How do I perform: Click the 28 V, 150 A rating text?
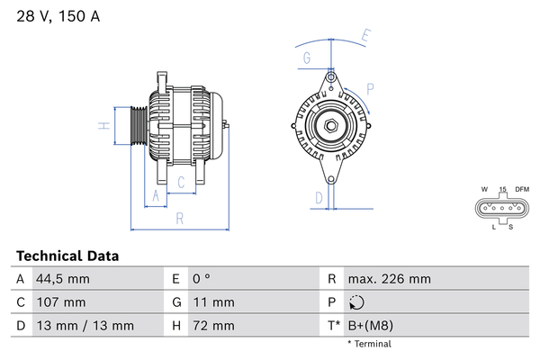click(x=58, y=16)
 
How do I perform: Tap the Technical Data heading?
click(x=67, y=256)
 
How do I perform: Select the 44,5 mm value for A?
click(x=63, y=279)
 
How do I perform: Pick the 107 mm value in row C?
click(x=61, y=302)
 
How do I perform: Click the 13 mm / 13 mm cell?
click(x=85, y=326)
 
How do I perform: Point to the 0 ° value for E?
click(x=202, y=279)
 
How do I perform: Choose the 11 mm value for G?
click(x=213, y=302)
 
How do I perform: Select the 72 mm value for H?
click(x=213, y=326)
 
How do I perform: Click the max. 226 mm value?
click(x=390, y=279)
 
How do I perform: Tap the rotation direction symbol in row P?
click(x=356, y=302)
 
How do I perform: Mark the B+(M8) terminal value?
click(x=371, y=326)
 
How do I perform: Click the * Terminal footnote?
click(x=370, y=344)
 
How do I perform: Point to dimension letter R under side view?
click(x=180, y=219)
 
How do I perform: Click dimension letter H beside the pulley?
click(x=104, y=126)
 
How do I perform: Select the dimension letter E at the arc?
click(x=366, y=35)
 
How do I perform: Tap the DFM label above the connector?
click(x=522, y=189)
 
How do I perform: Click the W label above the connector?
click(x=484, y=189)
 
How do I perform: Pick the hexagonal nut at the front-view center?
click(x=331, y=126)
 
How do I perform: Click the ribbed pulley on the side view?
click(x=139, y=125)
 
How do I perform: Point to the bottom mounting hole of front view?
click(x=331, y=179)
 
